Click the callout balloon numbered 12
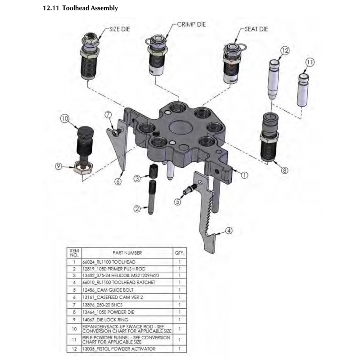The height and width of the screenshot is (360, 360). click(x=284, y=51)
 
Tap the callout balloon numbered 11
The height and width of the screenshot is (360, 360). click(x=310, y=62)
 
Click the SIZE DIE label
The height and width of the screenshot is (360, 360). click(x=121, y=28)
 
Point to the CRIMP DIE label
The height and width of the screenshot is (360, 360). click(x=191, y=24)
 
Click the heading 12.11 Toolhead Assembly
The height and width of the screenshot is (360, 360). click(x=81, y=8)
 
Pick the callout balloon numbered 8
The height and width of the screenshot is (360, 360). click(x=284, y=170)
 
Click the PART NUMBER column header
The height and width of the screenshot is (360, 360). click(x=127, y=253)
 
